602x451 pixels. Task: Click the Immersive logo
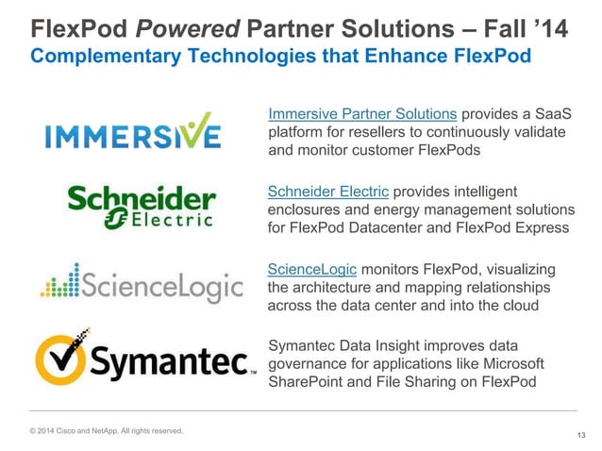click(x=133, y=132)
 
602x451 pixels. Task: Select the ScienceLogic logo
click(x=142, y=280)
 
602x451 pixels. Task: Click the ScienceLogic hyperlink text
click(x=312, y=270)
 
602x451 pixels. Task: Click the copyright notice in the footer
click(x=107, y=431)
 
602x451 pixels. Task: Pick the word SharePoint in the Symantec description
click(x=309, y=381)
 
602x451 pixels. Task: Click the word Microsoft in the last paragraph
click(x=510, y=363)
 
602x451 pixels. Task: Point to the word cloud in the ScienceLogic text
click(x=519, y=306)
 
